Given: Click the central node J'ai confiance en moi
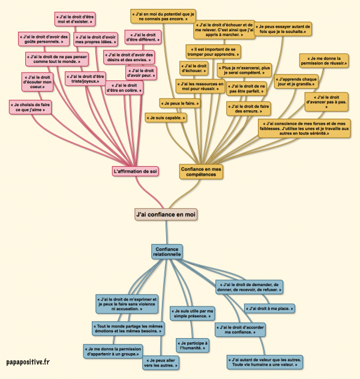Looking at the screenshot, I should pos(166,213).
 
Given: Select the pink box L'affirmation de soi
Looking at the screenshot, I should pos(136,171).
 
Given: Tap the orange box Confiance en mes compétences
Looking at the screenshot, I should pos(201,172).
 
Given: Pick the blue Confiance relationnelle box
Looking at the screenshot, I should pos(167,251).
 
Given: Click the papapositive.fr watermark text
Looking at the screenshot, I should pos(28,363).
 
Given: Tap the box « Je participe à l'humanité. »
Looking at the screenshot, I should pos(193,344).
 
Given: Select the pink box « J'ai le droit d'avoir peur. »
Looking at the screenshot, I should pos(141,73).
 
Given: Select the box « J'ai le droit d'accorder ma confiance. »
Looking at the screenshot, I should pos(240,330).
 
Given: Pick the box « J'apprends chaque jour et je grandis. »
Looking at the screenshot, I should pos(295,82).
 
